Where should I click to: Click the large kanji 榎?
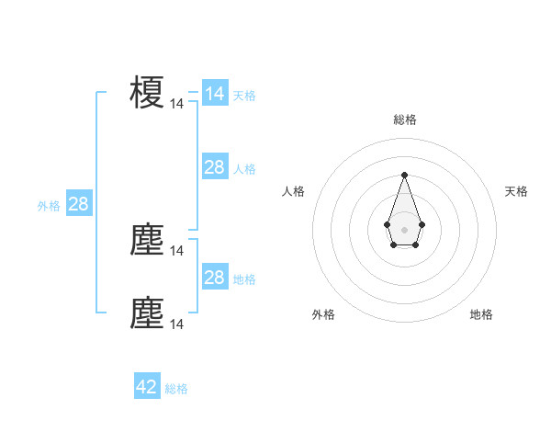click(x=147, y=92)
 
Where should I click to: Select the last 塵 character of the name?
click(x=147, y=313)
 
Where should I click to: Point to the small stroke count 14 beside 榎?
click(x=177, y=104)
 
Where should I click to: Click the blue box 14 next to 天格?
click(x=214, y=94)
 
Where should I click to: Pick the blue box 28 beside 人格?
click(x=214, y=167)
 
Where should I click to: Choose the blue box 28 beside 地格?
click(x=214, y=278)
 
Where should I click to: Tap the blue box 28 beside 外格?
click(x=78, y=204)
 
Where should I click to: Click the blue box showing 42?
click(x=147, y=387)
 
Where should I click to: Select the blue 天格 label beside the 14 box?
click(x=244, y=96)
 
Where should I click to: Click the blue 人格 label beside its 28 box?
click(x=244, y=169)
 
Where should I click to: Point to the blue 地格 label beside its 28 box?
click(x=244, y=279)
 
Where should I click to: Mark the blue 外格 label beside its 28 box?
click(x=49, y=206)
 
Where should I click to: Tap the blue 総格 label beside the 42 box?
click(x=176, y=389)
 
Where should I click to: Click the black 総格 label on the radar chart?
click(x=404, y=119)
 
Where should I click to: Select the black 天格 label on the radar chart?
click(x=516, y=191)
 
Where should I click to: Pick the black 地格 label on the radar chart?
click(x=481, y=314)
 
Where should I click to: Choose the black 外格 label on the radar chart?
click(x=323, y=314)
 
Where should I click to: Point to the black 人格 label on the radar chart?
click(x=294, y=191)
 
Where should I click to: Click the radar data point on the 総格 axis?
click(x=404, y=174)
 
